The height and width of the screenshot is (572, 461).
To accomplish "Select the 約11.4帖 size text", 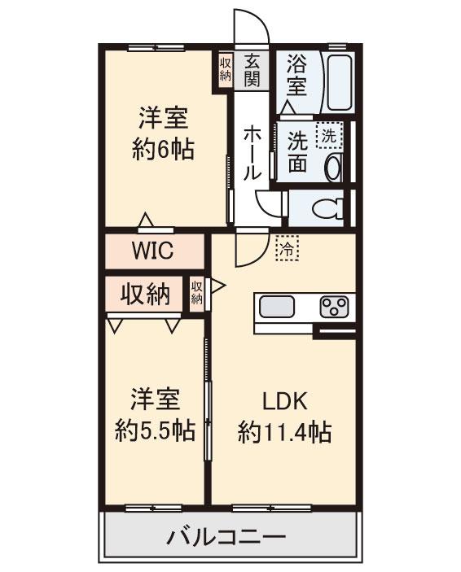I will coord(284,432).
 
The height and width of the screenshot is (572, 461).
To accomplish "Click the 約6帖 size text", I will coord(163,150).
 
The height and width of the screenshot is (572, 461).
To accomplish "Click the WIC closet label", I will coord(152,250).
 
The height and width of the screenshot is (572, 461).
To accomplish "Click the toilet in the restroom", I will coord(328,210).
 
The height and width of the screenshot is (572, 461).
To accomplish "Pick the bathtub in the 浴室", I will coord(336,83).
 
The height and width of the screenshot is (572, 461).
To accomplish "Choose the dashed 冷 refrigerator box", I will coord(287,249).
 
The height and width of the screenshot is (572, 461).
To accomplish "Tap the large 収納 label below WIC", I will coord(146,294).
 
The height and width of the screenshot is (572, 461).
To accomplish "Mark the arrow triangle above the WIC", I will coord(145,220).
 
